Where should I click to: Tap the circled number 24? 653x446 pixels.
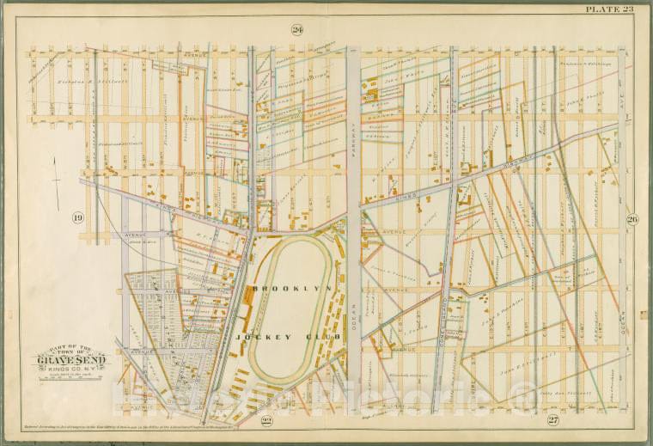pos(297,30)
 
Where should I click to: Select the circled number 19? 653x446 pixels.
pos(78,217)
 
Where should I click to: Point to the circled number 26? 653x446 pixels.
pos(632,217)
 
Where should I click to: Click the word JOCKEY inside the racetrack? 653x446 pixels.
pos(263,337)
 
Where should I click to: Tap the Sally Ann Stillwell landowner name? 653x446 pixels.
pos(559,396)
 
